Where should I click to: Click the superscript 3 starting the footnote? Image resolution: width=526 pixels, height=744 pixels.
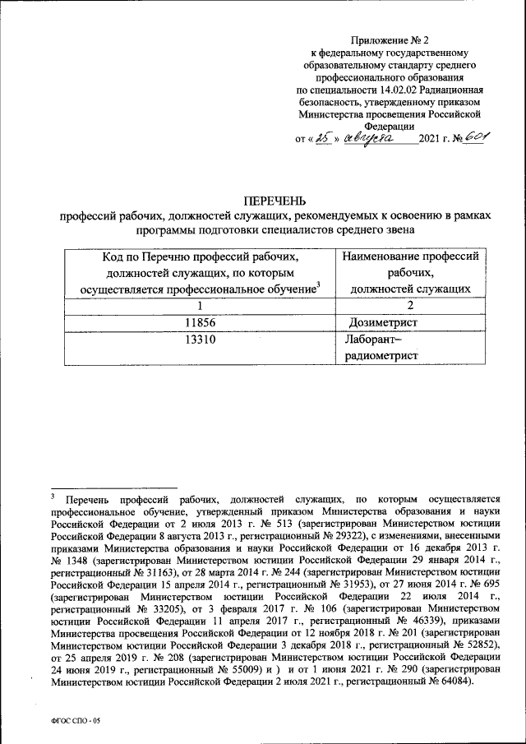click(52, 497)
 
